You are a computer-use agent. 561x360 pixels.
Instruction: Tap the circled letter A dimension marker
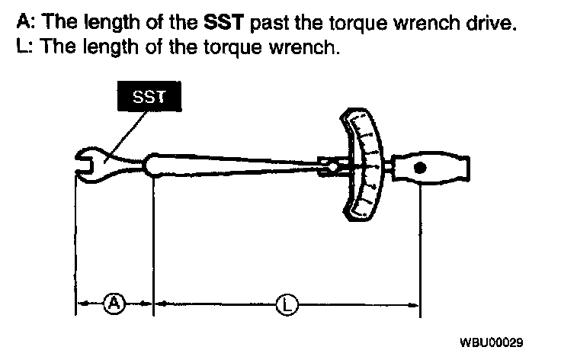114,304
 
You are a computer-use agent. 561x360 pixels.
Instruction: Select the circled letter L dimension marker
287,304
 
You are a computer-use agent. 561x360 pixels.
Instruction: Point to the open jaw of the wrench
84,161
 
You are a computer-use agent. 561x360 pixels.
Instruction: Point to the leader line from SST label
121,133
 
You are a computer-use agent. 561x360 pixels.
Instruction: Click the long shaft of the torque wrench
244,162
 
